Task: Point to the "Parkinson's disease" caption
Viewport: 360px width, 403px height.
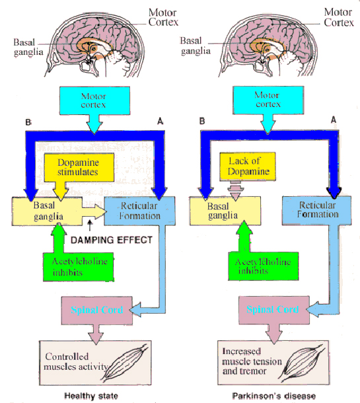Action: coord(270,395)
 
